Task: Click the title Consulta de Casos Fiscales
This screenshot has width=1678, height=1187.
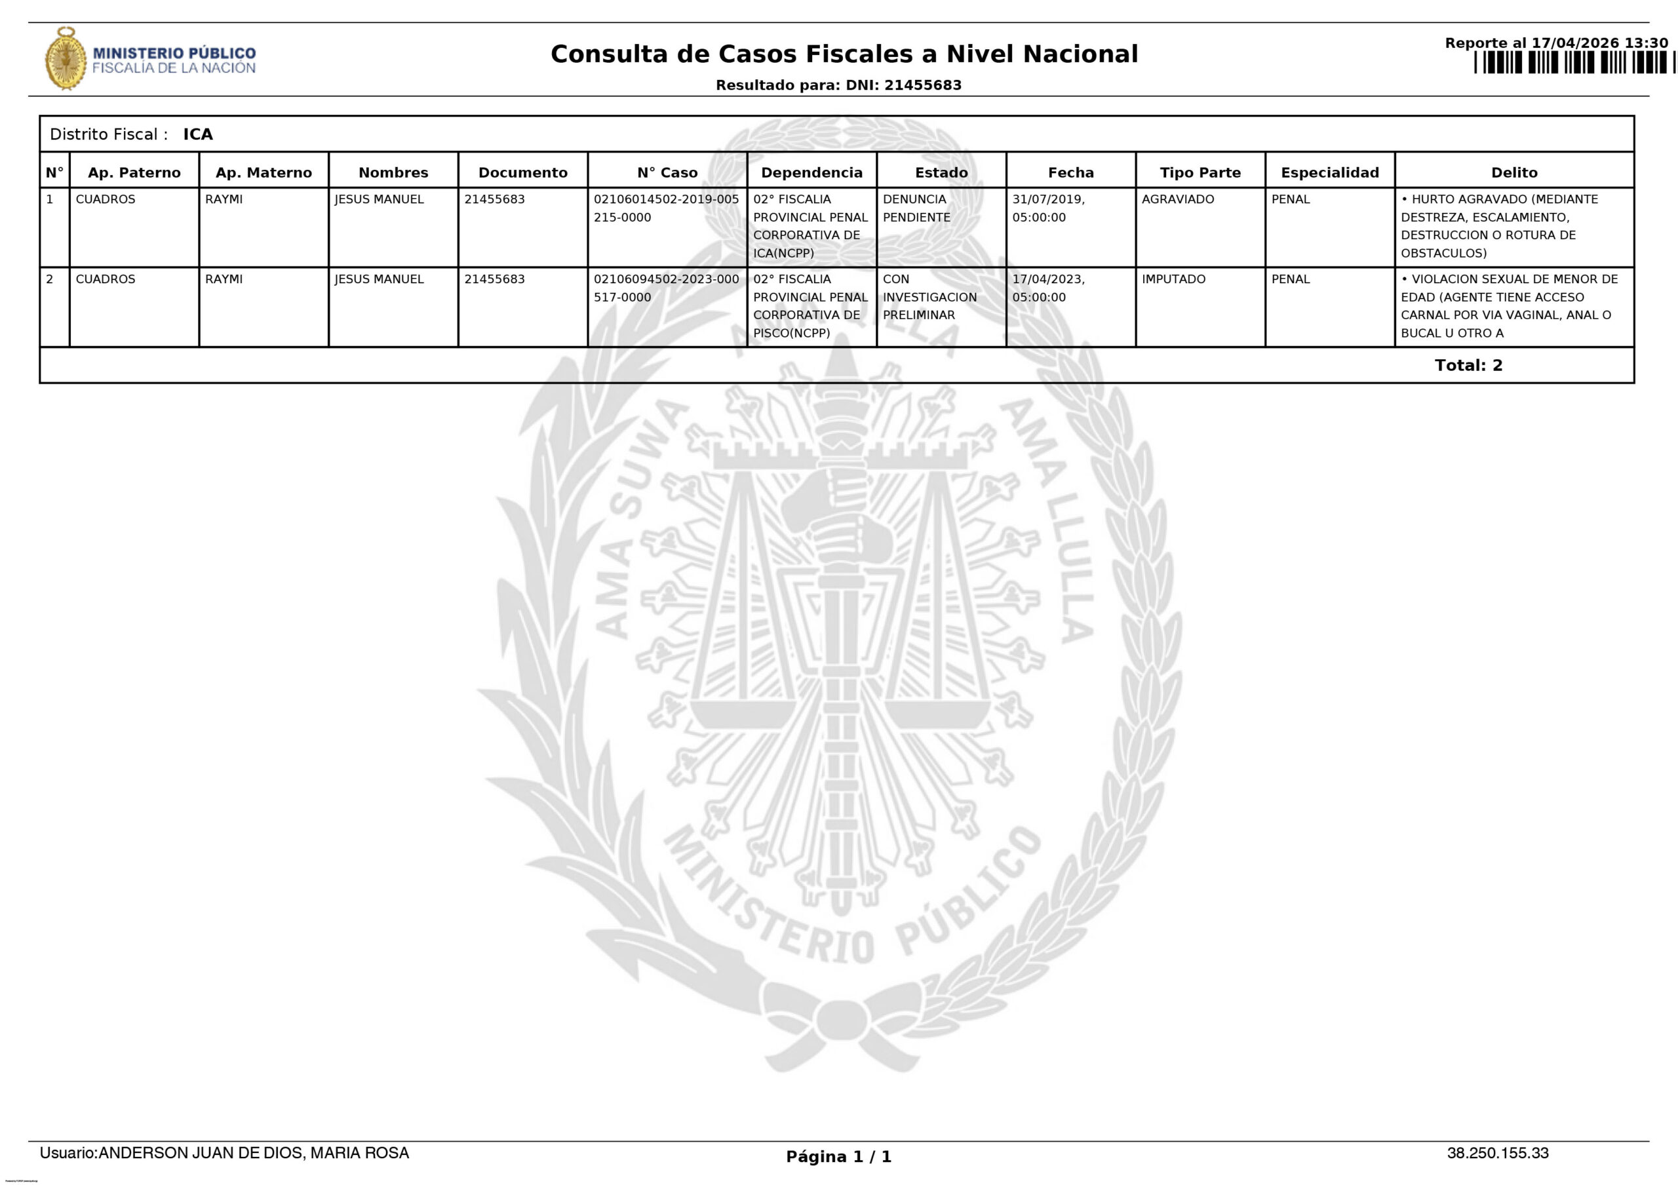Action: pyautogui.click(x=844, y=54)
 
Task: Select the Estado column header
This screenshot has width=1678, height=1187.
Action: pyautogui.click(x=941, y=172)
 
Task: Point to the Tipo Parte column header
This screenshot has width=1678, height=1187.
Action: pyautogui.click(x=1200, y=172)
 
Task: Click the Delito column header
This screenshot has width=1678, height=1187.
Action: pyautogui.click(x=1513, y=172)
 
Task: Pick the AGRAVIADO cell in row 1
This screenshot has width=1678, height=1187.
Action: pyautogui.click(x=1177, y=199)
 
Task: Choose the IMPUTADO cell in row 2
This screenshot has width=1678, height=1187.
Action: pyautogui.click(x=1173, y=279)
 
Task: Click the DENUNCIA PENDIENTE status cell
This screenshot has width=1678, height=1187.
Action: pyautogui.click(x=916, y=208)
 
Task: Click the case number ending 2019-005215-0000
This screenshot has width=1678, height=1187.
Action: pyautogui.click(x=666, y=208)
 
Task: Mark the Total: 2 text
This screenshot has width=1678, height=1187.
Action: pyautogui.click(x=1468, y=366)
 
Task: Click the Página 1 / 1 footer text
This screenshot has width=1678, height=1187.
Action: pyautogui.click(x=838, y=1156)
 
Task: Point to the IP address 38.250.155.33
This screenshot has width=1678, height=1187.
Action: pyautogui.click(x=1498, y=1153)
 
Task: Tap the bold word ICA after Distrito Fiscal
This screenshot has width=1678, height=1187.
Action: pyautogui.click(x=198, y=134)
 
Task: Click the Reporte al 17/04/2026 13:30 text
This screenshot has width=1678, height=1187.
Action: pyautogui.click(x=1556, y=43)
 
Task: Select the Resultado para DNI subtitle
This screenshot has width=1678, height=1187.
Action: pyautogui.click(x=838, y=85)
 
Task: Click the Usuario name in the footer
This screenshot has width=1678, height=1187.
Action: pyautogui.click(x=224, y=1153)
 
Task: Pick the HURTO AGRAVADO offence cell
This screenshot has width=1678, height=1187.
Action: pyautogui.click(x=1499, y=226)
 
